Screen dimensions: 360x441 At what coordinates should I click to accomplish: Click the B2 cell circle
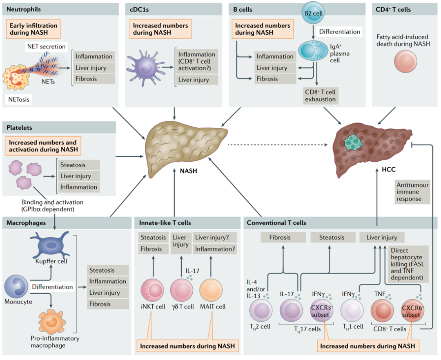coord(313,13)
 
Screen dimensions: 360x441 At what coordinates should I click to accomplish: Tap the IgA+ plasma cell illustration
coord(313,51)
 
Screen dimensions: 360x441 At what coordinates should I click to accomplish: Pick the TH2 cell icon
coord(261,309)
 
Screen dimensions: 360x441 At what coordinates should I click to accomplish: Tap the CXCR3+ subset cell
coord(321,309)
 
